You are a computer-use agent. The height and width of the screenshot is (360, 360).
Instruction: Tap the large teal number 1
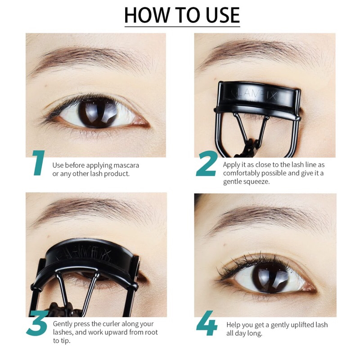[39, 163]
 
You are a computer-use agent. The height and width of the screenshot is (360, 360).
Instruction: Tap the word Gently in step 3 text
[64, 324]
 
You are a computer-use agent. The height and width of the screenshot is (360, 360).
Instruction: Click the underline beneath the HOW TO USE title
[182, 26]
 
